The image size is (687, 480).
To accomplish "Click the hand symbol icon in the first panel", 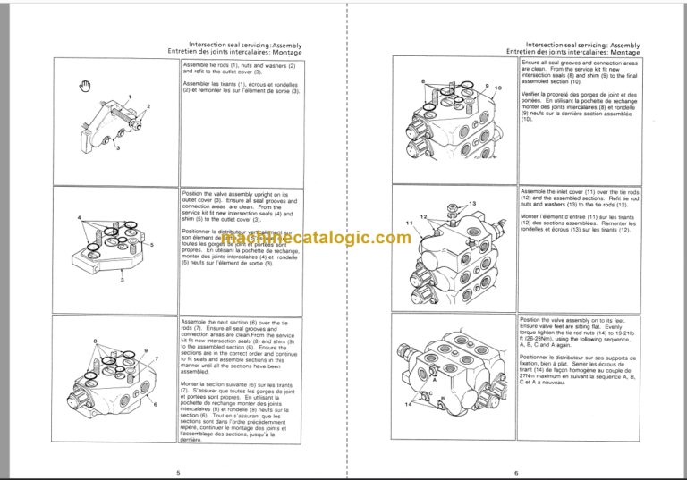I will coord(86,85).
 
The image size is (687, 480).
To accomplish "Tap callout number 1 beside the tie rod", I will coord(130,97).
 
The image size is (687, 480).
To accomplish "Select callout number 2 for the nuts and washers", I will coord(148,106).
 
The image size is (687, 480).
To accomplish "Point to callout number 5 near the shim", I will coord(153,244).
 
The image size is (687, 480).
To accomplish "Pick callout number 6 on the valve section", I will coord(156,404).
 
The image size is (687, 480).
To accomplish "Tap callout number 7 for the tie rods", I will coord(157,358).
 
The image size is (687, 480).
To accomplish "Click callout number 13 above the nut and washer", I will coord(473,205).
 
